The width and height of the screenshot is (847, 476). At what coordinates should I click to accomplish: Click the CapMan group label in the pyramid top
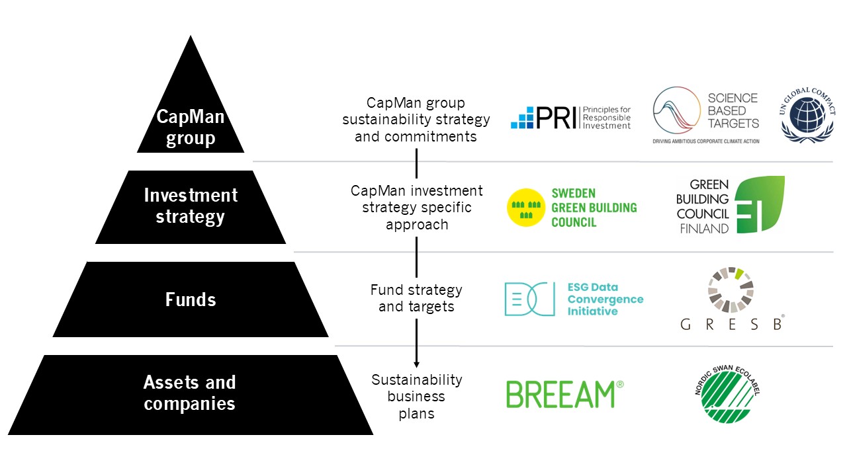click(191, 128)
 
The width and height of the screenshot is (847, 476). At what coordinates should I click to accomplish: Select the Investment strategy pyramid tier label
click(191, 206)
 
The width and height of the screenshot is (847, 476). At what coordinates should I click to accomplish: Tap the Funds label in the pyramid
click(191, 299)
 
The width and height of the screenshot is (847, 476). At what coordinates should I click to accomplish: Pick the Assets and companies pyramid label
click(190, 393)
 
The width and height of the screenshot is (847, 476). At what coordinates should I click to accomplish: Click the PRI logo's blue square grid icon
click(522, 118)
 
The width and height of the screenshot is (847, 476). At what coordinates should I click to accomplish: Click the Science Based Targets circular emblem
click(677, 111)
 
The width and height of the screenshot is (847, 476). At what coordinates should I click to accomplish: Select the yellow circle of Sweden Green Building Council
click(525, 208)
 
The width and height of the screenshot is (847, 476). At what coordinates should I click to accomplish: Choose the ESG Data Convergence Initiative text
click(605, 299)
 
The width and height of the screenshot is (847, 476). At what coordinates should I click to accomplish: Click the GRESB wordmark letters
click(732, 325)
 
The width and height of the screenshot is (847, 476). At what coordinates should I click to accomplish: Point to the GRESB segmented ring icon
click(731, 289)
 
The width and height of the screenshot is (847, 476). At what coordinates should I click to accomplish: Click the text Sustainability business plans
click(417, 397)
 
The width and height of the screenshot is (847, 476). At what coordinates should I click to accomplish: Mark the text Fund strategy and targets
click(417, 298)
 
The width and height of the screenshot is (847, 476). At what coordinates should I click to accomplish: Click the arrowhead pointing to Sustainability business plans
click(417, 363)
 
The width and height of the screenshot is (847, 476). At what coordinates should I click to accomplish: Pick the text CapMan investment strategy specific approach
click(417, 208)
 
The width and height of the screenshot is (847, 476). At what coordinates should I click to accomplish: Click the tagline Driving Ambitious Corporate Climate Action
click(705, 141)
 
